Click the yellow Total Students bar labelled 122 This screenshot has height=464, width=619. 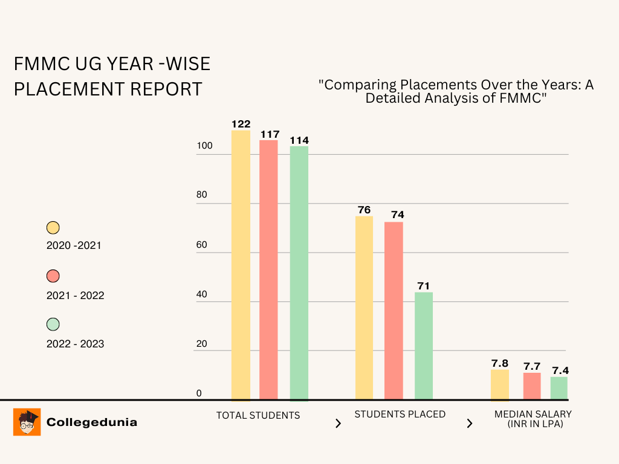coord(241,266)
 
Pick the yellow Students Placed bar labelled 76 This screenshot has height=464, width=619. coord(364,308)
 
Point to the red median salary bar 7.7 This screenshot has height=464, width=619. coord(532,386)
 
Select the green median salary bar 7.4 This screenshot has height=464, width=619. coord(559,388)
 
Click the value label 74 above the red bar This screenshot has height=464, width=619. coord(397,214)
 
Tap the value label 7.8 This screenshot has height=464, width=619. coord(499,363)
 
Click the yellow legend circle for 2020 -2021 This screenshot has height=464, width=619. coord(53,228)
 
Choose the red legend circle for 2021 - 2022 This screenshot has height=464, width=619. coord(53,276)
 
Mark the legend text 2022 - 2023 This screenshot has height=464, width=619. coord(75,344)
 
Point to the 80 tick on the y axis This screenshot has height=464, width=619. coord(201,195)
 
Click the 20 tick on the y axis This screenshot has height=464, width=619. coord(201,344)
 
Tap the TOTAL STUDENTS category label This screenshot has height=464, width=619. coord(258,415)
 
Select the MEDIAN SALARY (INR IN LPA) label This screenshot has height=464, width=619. coord(533,419)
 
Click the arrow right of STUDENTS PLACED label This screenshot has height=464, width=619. coord(470,424)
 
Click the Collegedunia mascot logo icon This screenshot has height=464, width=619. coord(27,422)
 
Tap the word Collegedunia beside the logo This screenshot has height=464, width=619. coord(92,422)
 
